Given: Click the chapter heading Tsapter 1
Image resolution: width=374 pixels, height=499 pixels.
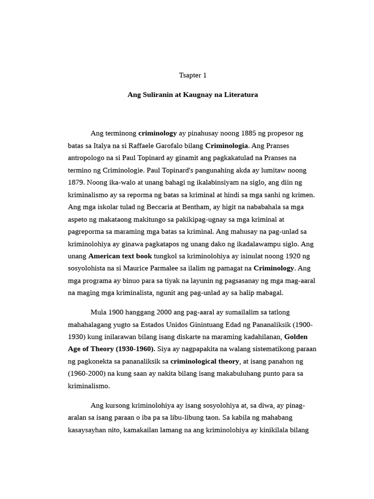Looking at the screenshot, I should pyautogui.click(x=193, y=76).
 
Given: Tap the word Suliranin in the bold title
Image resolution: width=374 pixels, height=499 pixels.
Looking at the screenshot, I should pyautogui.click(x=159, y=95).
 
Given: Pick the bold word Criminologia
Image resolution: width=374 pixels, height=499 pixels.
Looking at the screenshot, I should pyautogui.click(x=226, y=146).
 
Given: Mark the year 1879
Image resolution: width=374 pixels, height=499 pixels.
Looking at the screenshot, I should pyautogui.click(x=76, y=182).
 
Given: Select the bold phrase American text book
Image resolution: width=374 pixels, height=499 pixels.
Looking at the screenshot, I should pyautogui.click(x=120, y=256).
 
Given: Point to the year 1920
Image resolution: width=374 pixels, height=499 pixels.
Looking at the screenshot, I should pyautogui.click(x=284, y=256).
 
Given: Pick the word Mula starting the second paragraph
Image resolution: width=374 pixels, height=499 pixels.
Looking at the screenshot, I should pyautogui.click(x=99, y=312).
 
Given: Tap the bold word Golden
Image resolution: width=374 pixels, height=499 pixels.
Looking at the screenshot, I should pyautogui.click(x=296, y=337).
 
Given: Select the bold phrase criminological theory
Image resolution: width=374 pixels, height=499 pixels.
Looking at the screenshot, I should pyautogui.click(x=205, y=361).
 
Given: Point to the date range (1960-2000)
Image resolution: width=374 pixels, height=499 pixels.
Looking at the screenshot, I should pyautogui.click(x=88, y=374).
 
